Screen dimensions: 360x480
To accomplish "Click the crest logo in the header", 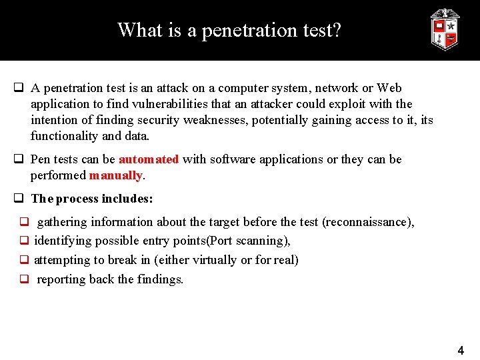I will [445, 29].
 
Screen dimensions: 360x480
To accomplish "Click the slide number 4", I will [460, 350].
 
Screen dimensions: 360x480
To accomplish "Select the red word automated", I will [149, 159].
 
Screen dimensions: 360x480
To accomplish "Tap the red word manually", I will [116, 175].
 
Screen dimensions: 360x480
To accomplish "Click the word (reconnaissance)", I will [367, 222].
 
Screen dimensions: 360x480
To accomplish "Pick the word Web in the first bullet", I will [389, 88].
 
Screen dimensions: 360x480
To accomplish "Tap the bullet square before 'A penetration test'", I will [19, 88].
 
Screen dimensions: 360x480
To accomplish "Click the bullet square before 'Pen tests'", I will [19, 159].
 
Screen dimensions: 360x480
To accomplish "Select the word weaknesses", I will [263, 120].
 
